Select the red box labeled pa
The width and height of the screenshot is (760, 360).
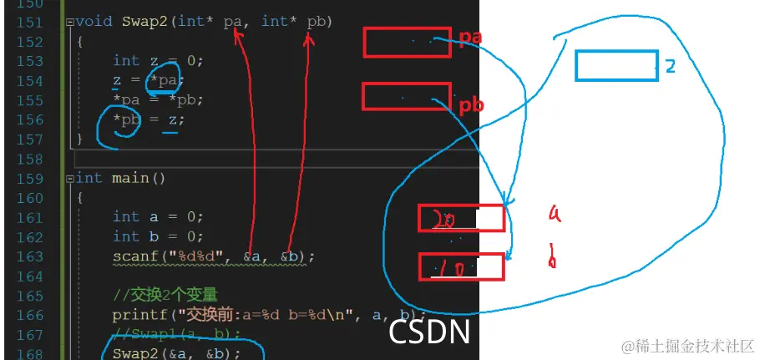click(407, 42)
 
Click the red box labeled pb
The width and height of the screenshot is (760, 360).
click(406, 96)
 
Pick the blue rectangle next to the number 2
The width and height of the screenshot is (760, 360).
click(616, 66)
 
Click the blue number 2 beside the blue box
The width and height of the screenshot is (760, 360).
click(670, 67)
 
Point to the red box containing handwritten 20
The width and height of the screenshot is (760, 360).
click(461, 218)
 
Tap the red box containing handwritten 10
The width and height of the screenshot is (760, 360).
click(461, 267)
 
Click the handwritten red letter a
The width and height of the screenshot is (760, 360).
click(554, 214)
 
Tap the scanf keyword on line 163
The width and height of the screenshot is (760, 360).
click(131, 256)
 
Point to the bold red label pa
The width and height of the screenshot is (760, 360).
click(471, 38)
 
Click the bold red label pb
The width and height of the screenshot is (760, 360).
click(472, 106)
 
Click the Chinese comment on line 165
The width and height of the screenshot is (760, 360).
click(165, 295)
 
